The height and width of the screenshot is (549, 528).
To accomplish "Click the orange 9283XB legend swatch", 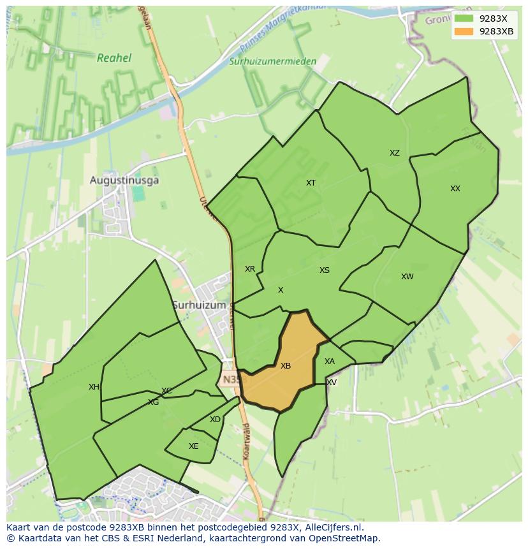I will click(464, 31).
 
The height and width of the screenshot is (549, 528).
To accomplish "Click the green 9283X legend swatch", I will click(464, 18).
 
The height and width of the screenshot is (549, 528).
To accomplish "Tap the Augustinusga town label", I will click(124, 180).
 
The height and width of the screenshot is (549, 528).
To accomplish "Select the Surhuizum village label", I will click(200, 305).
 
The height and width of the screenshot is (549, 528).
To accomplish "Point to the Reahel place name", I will click(114, 58).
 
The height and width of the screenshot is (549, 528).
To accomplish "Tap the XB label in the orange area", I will click(286, 366).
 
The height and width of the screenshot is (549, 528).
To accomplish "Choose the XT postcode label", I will click(311, 183).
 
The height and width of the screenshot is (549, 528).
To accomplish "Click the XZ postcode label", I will click(395, 153).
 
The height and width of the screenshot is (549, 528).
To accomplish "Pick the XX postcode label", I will click(455, 189).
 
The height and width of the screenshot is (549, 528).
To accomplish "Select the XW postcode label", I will click(407, 277).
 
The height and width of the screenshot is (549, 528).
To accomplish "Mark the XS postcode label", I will click(325, 270).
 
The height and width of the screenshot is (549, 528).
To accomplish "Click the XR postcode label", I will click(250, 269).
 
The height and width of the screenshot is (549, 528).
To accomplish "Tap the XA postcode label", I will click(329, 362).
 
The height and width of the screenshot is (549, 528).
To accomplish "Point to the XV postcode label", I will click(331, 383).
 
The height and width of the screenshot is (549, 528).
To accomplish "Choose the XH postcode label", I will click(94, 387).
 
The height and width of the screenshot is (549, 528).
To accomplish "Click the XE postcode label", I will click(194, 446).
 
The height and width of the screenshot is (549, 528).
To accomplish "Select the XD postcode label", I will click(215, 420).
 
